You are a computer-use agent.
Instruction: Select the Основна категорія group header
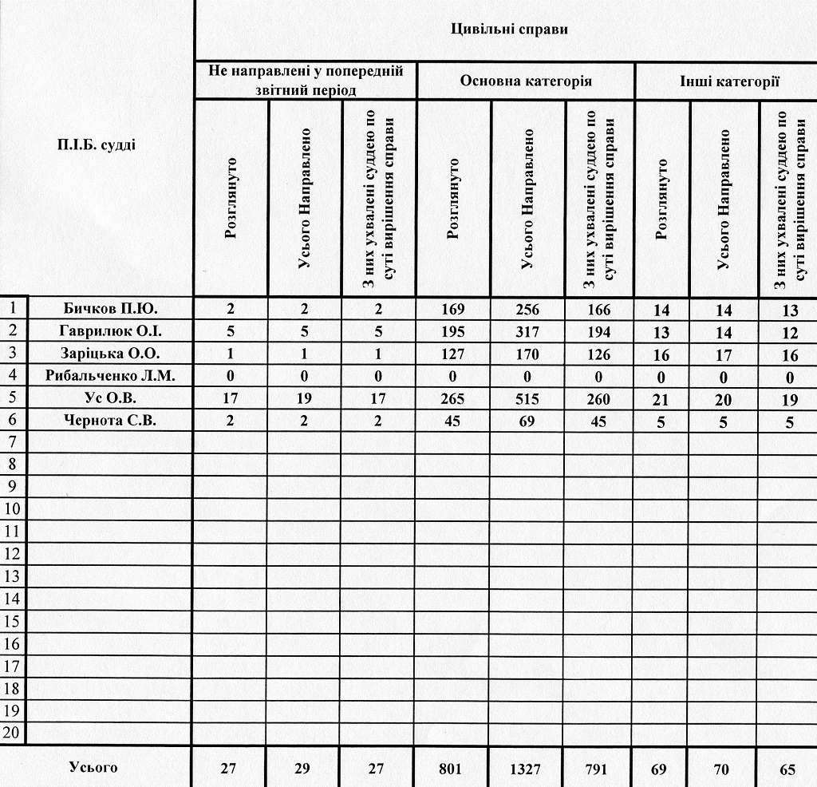click(525, 81)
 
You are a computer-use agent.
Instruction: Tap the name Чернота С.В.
click(110, 421)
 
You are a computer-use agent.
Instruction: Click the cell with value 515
click(527, 398)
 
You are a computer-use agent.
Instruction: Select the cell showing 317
click(527, 331)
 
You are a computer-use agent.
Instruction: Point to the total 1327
click(527, 769)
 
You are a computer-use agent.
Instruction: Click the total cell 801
click(452, 769)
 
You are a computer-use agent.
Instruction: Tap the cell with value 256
click(527, 309)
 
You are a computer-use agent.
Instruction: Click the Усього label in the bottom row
click(93, 768)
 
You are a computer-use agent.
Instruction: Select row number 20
click(14, 732)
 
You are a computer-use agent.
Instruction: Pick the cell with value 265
click(452, 398)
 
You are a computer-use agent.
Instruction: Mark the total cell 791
click(598, 769)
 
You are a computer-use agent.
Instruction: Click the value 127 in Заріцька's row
click(452, 354)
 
